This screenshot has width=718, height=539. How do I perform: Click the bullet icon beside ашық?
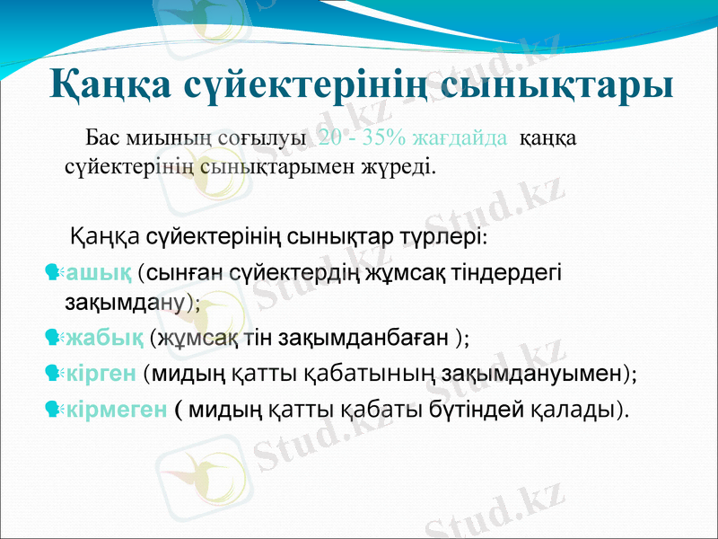[x=52, y=270]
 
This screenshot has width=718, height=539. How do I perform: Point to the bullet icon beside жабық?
[x=52, y=338]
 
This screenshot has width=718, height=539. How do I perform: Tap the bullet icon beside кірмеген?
[x=52, y=410]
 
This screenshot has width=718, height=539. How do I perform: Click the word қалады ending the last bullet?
[x=574, y=410]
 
